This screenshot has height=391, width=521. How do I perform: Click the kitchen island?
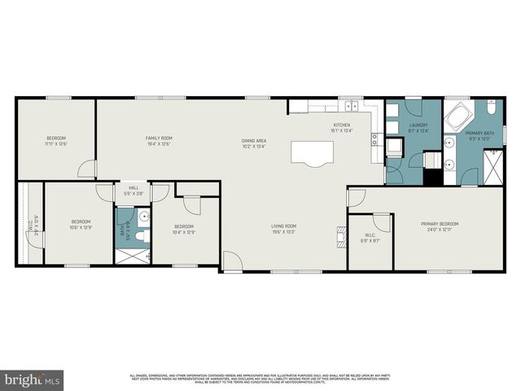(312, 152)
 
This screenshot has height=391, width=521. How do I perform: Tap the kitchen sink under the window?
(352, 105)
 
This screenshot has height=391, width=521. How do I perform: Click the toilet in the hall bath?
(139, 235)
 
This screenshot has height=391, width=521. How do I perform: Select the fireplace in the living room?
(339, 235)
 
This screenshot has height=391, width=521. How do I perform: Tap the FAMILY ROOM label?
(159, 138)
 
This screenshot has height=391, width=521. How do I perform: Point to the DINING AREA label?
(254, 141)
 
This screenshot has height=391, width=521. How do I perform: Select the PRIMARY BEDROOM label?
(439, 224)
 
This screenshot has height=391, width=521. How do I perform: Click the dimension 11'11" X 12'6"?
(56, 144)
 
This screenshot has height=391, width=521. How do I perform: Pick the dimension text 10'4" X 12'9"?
(183, 232)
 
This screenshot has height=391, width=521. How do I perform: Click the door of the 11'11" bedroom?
(87, 169)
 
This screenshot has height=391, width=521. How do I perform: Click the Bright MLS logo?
(33, 379)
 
